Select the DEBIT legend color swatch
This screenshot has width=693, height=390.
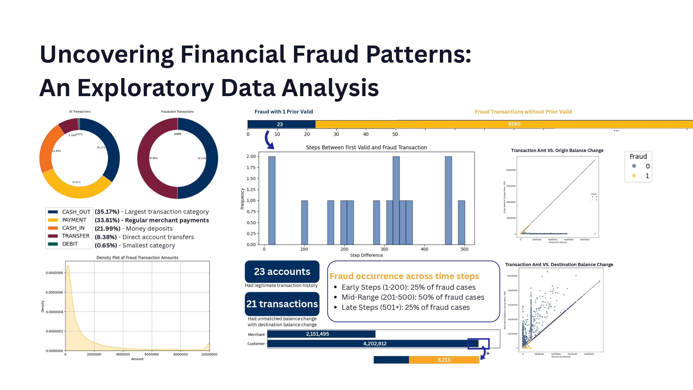53,244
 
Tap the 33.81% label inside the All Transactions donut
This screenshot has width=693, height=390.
76,182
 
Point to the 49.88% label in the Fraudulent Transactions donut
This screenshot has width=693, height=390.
153,158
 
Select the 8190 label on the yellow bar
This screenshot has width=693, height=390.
514,124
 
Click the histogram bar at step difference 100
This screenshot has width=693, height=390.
304,222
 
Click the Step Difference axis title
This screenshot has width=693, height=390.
366,255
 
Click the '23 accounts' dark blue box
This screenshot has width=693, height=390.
282,271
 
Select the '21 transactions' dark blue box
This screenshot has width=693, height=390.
282,304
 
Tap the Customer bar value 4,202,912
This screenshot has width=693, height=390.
374,344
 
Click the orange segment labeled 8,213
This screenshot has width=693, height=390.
444,360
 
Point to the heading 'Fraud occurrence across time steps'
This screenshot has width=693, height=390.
404,276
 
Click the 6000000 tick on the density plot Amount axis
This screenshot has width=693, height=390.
152,354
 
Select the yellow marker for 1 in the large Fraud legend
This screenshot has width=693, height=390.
634,176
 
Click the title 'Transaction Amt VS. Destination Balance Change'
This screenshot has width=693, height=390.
559,265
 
